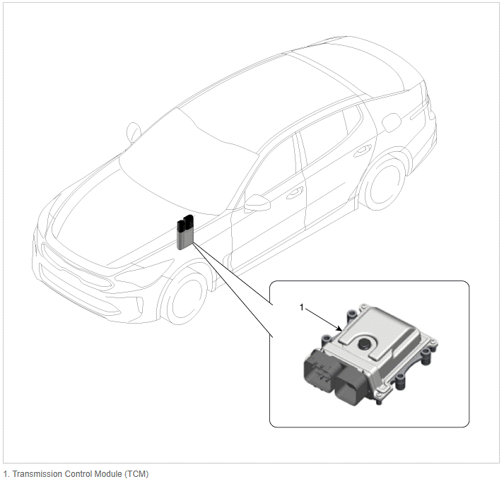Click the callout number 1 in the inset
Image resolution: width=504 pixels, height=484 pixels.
[302, 307]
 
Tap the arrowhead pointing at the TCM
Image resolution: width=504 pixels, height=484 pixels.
[339, 329]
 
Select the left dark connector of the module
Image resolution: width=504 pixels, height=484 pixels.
[321, 370]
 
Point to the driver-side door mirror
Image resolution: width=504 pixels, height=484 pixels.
[257, 203]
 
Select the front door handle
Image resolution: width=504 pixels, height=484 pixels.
[295, 193]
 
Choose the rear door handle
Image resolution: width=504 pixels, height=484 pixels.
[363, 150]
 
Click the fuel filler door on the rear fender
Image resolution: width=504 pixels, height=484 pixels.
[392, 122]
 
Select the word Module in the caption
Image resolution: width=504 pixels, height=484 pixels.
[108, 474]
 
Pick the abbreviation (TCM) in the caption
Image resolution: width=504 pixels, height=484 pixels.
[136, 474]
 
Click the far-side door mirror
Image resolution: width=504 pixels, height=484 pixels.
[134, 132]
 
